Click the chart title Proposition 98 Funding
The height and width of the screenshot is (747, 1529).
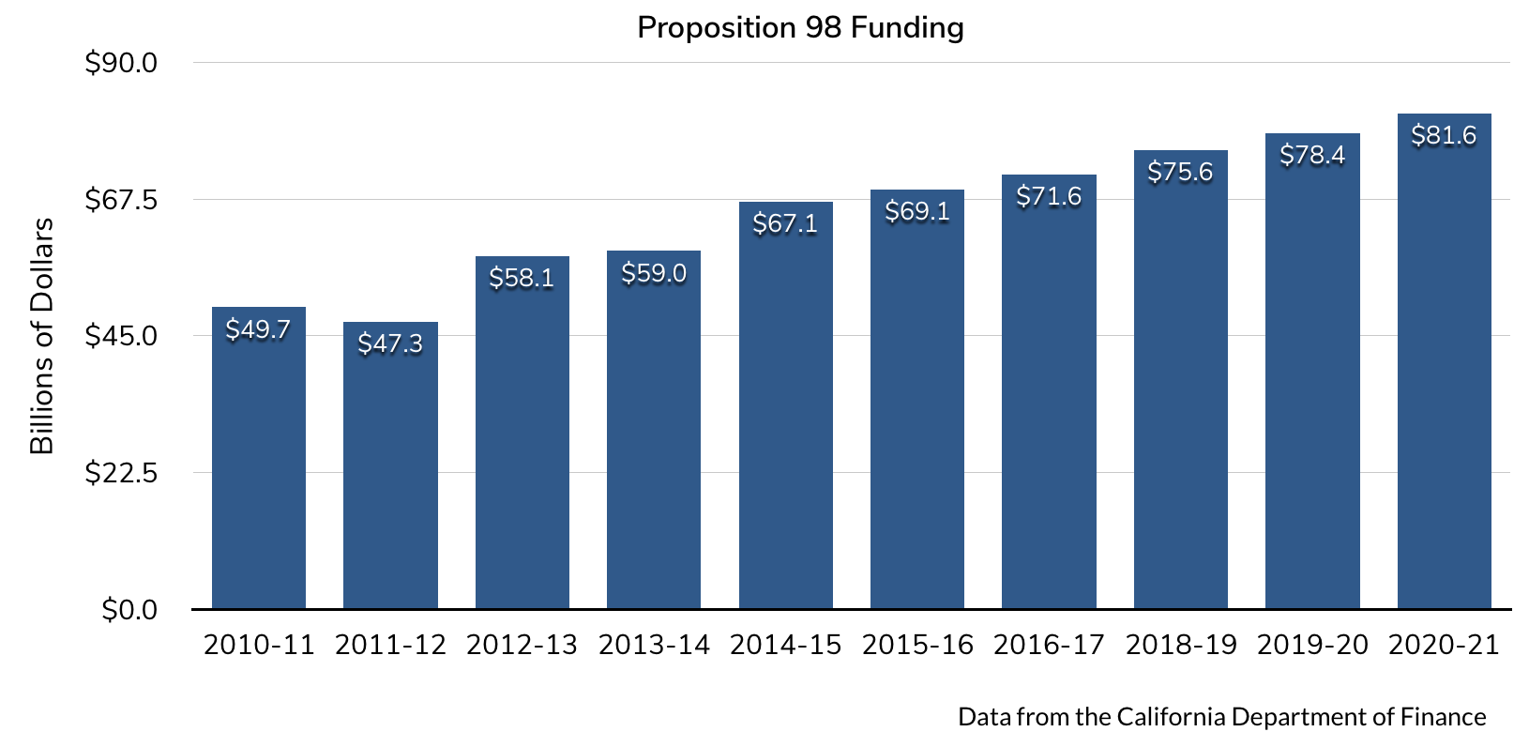tap(800, 28)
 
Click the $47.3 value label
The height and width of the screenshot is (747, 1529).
tap(390, 343)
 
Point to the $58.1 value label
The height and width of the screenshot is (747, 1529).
tap(522, 278)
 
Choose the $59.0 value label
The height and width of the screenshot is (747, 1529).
tap(654, 273)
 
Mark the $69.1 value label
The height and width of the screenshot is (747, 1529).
tap(917, 211)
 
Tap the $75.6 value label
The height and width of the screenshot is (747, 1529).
tap(1180, 172)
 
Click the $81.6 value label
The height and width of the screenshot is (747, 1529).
tap(1444, 135)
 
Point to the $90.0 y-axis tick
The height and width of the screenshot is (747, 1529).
tap(121, 63)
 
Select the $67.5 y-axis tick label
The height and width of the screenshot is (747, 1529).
tap(121, 200)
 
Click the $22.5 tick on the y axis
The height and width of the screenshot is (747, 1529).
tap(121, 473)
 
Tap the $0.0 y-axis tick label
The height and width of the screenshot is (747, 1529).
tap(129, 610)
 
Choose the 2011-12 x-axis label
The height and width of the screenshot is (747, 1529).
tap(390, 645)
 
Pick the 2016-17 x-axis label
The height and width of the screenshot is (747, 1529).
tap(1049, 645)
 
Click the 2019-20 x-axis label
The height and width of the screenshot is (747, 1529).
tap(1312, 645)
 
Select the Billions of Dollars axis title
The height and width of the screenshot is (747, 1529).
tap(42, 336)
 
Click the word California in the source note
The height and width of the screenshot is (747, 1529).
tap(1171, 717)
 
